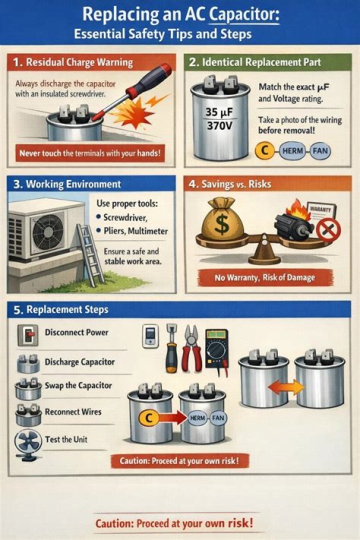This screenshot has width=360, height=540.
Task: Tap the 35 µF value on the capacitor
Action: tap(219, 112)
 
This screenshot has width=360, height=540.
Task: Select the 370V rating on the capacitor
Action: tap(219, 126)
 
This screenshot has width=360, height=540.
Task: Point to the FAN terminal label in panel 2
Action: tap(320, 151)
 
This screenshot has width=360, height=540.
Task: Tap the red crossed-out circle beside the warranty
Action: tap(328, 229)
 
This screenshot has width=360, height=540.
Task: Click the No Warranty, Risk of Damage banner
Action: tap(265, 277)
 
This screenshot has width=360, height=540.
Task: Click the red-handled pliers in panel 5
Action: tap(191, 348)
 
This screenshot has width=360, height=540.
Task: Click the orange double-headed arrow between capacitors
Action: tap(286, 387)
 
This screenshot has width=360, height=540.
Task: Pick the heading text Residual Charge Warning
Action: tap(79, 62)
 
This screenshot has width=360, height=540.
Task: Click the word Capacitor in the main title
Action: tap(244, 15)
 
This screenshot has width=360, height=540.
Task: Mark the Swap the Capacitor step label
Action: tap(78, 385)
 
